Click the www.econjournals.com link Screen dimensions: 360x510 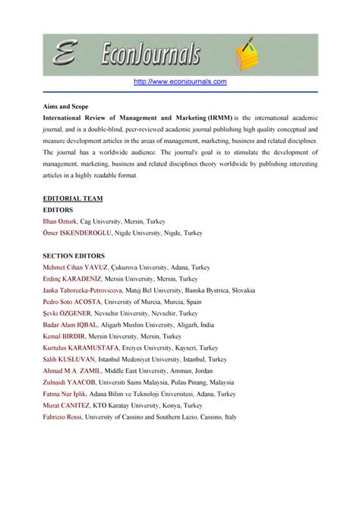click(x=180, y=81)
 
